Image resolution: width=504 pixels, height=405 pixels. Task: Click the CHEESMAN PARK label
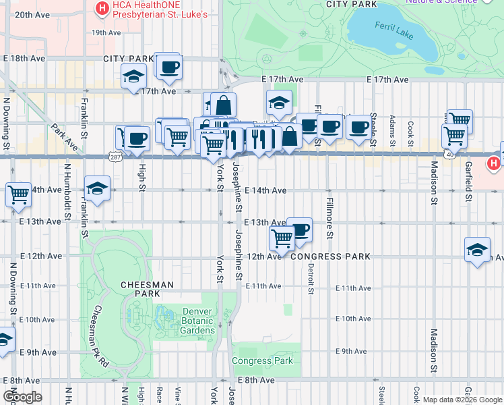(141, 290)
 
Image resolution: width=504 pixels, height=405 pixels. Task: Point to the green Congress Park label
(262, 360)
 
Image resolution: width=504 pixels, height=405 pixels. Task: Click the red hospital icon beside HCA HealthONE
(102, 8)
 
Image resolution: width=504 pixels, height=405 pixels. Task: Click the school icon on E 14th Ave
(97, 188)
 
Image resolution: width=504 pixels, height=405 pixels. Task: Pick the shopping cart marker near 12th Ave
(282, 238)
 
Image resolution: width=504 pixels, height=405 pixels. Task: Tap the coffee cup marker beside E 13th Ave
(300, 230)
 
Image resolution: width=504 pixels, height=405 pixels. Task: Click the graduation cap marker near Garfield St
(477, 250)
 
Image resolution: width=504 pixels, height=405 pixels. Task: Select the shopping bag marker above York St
(223, 105)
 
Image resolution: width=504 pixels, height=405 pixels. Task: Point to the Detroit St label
(311, 278)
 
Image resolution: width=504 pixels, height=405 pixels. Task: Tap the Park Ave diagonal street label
(62, 136)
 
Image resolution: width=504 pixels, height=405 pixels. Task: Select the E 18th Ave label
(25, 59)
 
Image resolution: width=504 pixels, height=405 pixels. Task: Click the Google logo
(22, 397)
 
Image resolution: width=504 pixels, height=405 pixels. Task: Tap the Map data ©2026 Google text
(462, 400)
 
